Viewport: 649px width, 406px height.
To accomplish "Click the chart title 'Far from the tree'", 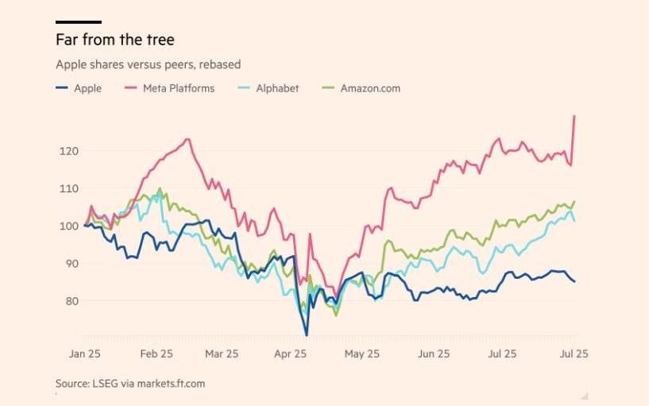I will [x=115, y=39].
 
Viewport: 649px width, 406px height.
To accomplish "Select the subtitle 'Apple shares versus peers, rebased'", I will [x=148, y=64].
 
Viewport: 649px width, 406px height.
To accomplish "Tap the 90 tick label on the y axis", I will [x=68, y=263].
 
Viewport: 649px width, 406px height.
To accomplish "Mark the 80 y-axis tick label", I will [x=68, y=300].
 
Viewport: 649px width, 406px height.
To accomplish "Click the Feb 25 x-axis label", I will [x=156, y=354].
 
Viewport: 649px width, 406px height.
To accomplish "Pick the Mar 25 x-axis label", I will [x=222, y=354].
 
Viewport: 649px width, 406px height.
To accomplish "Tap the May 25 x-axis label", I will [x=362, y=354].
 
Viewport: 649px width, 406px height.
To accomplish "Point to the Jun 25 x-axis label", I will [x=433, y=354].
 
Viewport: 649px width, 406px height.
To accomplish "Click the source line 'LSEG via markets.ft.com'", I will [x=130, y=383].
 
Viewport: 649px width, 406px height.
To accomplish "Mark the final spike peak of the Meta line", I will [x=574, y=116].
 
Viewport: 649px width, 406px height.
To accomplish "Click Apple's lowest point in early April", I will [x=307, y=335].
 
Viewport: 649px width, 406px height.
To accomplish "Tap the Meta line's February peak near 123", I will [x=188, y=140].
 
